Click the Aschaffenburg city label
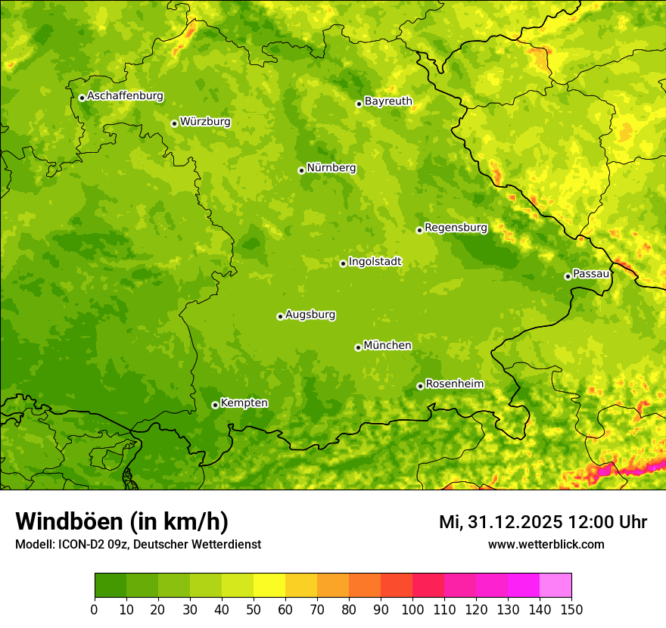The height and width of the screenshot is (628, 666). coord(125,96)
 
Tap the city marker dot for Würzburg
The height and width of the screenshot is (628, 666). coord(174,123)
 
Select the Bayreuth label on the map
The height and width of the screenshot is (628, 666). coord(388,101)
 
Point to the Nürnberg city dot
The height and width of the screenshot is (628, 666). coord(301,170)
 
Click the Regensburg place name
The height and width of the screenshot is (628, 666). coord(456,227)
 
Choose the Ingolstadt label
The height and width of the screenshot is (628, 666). coord(375,262)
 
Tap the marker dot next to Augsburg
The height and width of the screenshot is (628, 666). coord(280,316)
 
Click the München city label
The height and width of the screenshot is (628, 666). coord(387,346)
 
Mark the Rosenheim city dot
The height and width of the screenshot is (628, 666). coord(420,386)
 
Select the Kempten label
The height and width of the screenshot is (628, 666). coord(244,403)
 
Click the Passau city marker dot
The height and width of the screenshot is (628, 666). coord(568,276)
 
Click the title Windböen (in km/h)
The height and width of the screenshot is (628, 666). coord(122,522)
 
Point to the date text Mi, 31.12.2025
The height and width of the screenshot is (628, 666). coord(500,522)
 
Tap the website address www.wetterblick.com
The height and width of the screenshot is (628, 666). coord(546,544)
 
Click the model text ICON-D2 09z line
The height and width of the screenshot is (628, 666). coord(138,544)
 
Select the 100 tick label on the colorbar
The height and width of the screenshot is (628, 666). coord(412,610)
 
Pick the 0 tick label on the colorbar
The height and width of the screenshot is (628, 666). coord(95,610)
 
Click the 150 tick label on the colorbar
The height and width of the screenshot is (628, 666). coord(571,610)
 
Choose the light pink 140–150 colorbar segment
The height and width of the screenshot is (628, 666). coord(556,586)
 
